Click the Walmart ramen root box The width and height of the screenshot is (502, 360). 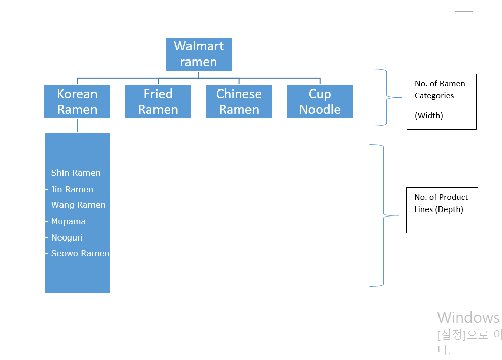coord(199,54)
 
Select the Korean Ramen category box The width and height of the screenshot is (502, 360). coord(77,102)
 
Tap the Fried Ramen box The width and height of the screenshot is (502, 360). coord(158,102)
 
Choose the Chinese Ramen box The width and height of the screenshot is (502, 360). coord(239,102)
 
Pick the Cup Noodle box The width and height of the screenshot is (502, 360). coord(320,102)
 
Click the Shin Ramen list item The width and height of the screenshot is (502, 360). coord(76,173)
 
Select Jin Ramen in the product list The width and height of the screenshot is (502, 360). coord(72,190)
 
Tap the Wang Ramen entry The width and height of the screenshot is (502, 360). coord(78,205)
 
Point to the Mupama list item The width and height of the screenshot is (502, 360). coord(68,222)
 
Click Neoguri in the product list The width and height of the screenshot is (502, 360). coord(67,238)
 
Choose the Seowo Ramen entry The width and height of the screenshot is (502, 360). coord(80,254)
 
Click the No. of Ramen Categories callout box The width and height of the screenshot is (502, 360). coord(441,101)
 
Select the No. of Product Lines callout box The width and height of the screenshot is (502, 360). coord(442,210)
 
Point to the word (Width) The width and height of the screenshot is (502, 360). coord(428,116)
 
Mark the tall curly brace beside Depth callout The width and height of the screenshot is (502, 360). coord(383,216)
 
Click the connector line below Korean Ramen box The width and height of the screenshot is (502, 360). coord(77,125)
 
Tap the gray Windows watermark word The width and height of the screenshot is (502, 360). coord(468,318)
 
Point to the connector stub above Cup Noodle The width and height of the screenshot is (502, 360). coord(320,81)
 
